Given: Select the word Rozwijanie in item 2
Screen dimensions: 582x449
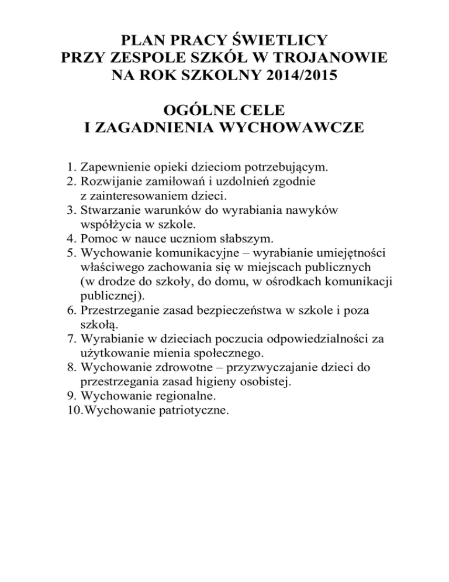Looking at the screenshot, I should tap(109, 182).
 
